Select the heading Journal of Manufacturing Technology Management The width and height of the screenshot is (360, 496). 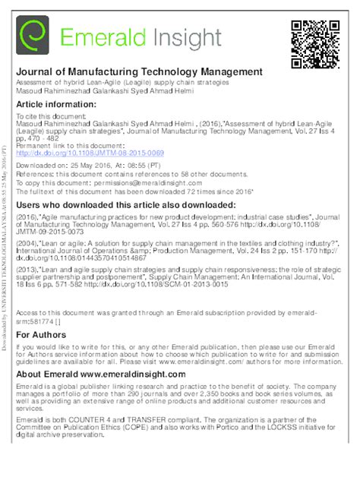pyautogui.click(x=139, y=72)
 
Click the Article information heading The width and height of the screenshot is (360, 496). pyautogui.click(x=56, y=104)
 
